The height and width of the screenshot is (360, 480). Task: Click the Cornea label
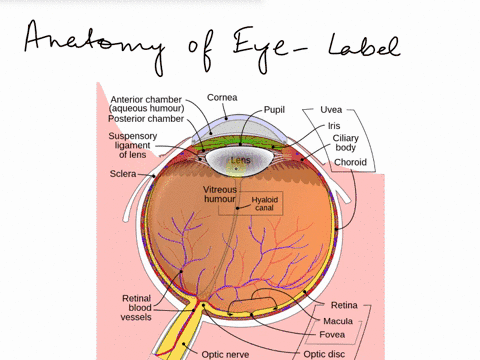click(x=222, y=97)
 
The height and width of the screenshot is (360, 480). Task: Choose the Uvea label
click(x=332, y=108)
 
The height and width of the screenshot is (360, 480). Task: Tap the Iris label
click(x=333, y=127)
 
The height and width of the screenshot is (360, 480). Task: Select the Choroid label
click(x=351, y=163)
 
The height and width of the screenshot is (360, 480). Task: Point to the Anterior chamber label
click(x=150, y=103)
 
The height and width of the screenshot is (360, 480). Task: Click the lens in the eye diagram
click(x=241, y=159)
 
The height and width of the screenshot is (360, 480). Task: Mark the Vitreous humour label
click(x=220, y=194)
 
